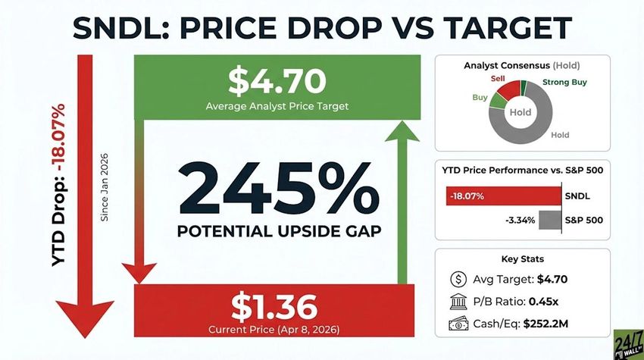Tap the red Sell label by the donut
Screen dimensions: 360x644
click(497, 78)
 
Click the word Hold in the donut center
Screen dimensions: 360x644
click(521, 112)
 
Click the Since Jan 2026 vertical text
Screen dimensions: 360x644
click(105, 196)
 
